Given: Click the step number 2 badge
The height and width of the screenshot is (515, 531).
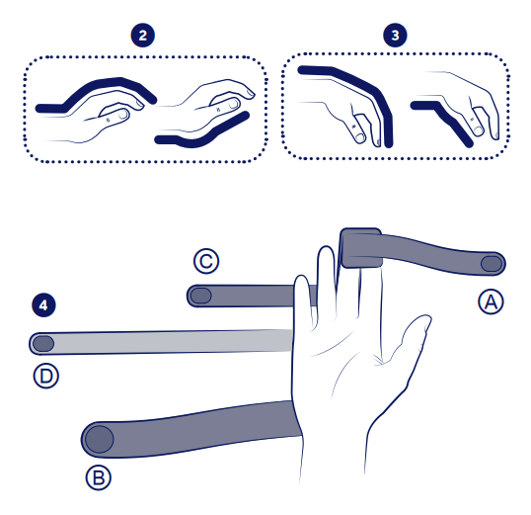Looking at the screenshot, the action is (142, 36).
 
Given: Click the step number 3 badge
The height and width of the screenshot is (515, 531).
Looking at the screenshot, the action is (395, 35).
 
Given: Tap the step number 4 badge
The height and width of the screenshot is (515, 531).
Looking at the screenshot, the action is (43, 305).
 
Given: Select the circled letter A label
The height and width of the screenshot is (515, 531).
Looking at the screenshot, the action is (492, 301).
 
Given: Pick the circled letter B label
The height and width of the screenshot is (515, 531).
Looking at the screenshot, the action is (99, 477).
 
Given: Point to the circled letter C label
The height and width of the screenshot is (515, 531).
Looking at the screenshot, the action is (206, 261).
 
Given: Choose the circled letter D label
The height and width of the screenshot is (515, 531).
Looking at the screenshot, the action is (46, 376).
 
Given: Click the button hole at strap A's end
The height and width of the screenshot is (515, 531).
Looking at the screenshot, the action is (492, 264).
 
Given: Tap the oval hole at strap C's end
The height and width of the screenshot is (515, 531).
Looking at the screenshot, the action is (200, 296).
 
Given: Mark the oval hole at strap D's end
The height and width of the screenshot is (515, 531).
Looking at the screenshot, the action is (43, 344).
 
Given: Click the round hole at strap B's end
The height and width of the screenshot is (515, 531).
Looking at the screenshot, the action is (100, 439).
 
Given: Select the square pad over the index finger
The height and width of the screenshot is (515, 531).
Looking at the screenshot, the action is (361, 248).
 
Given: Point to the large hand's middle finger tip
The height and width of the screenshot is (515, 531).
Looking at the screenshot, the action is (326, 249).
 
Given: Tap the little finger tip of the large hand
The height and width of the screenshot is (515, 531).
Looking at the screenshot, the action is (302, 278).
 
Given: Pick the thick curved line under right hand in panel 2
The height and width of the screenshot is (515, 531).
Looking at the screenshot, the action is (202, 135).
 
